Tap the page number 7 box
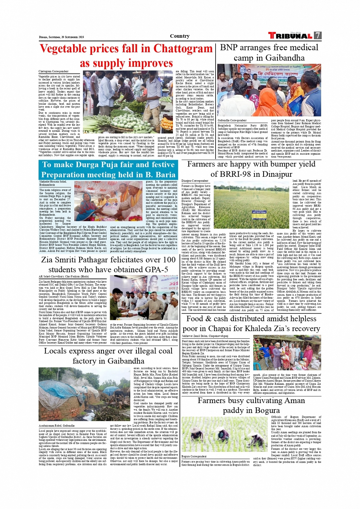coord(317,36)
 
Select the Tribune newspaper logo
coord(290,36)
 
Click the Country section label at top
coord(180,36)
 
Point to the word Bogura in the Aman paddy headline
coord(266,410)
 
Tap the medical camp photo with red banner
coord(269,90)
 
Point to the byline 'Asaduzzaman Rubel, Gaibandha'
coord(57,426)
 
